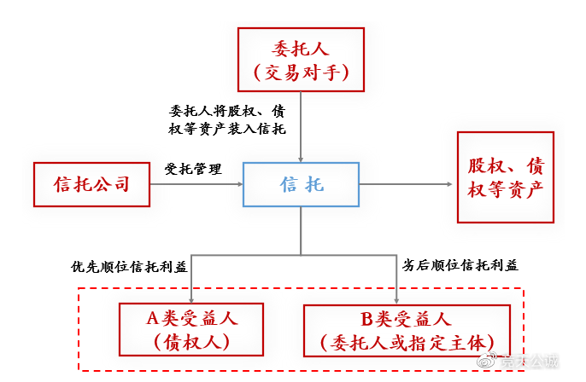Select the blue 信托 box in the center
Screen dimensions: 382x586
(302, 183)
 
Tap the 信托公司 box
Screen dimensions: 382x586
(91, 183)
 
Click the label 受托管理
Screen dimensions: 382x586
(192, 169)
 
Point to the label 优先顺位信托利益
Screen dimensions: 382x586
(129, 266)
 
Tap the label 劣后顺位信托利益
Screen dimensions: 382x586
(460, 266)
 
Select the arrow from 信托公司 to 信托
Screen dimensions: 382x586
(196, 183)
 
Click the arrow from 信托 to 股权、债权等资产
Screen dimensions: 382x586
(405, 183)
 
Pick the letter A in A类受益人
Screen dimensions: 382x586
(154, 319)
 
